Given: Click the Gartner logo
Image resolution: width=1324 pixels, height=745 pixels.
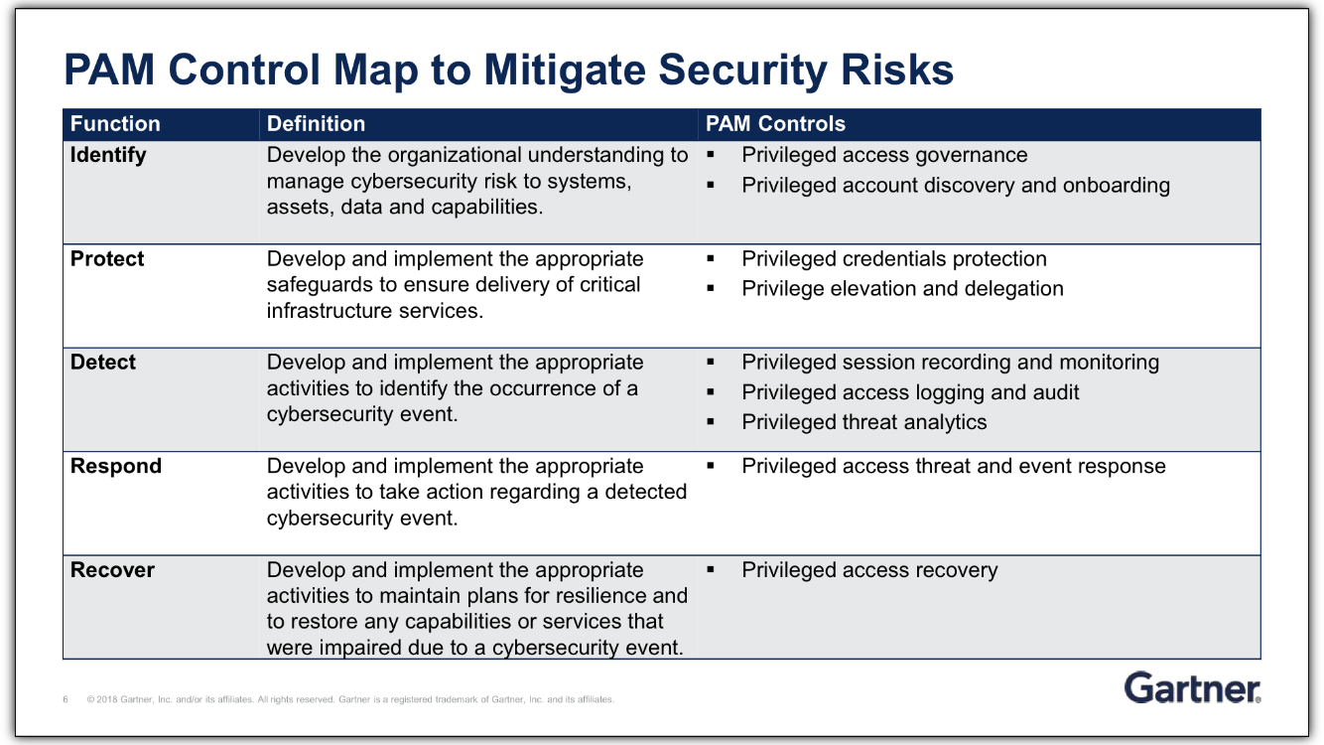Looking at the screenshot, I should click(x=1192, y=687).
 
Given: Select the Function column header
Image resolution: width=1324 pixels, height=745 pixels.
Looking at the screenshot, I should click(x=115, y=124).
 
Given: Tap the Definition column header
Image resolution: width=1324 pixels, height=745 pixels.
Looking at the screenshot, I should click(x=316, y=124).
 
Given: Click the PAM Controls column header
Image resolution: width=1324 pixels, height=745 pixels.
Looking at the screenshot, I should click(x=775, y=124).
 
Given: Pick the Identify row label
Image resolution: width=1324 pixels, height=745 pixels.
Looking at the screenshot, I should click(x=108, y=155).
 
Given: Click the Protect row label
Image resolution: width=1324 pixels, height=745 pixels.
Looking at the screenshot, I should click(x=107, y=259).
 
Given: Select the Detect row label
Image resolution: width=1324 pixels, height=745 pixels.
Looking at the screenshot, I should click(x=103, y=363).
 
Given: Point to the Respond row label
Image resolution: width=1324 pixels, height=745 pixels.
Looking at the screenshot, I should click(x=115, y=467).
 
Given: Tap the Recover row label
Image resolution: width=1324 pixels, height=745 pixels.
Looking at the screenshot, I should click(x=112, y=570).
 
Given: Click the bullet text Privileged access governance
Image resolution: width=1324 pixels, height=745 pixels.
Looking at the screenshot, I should click(x=884, y=155).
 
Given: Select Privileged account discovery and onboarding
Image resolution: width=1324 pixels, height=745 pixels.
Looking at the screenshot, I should click(x=955, y=186).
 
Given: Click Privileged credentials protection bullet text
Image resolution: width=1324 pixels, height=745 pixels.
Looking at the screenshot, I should click(x=893, y=259).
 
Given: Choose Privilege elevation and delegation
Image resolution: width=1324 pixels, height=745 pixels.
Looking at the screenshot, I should click(x=902, y=289).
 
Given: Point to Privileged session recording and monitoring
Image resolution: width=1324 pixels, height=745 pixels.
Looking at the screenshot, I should click(x=950, y=363).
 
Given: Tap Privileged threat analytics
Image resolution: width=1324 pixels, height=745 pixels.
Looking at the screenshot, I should click(x=863, y=422).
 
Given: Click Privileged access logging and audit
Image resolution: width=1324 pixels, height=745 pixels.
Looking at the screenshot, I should click(x=910, y=392).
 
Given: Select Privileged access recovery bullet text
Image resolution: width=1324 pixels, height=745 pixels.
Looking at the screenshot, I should click(x=869, y=570).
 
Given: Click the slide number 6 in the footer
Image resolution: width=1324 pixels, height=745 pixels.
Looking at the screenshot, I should click(x=66, y=699).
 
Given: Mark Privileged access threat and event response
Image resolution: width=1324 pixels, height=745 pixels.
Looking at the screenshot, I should click(x=953, y=467).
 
